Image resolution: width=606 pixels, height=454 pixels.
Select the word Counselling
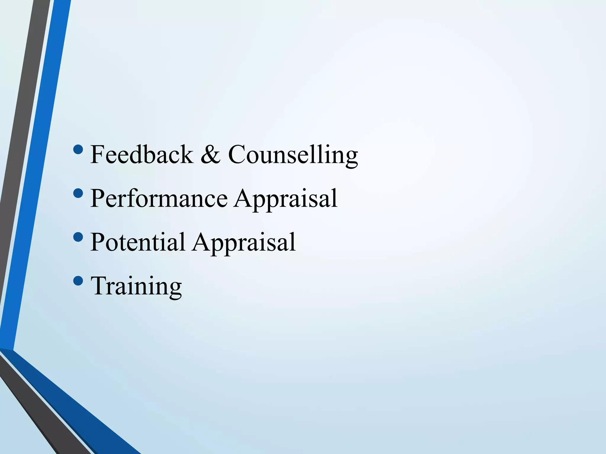[x=293, y=155]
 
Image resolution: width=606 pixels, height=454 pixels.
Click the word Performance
[x=159, y=198]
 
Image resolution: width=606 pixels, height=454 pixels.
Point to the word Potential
[x=138, y=242]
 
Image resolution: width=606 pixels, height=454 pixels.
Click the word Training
[x=136, y=286]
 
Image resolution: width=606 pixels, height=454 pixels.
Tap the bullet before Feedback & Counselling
[x=78, y=150]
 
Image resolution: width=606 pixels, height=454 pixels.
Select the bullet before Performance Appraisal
[x=78, y=193]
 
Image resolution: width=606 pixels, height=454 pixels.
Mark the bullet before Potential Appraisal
[x=78, y=237]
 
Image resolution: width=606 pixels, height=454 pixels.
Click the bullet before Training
[x=78, y=281]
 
